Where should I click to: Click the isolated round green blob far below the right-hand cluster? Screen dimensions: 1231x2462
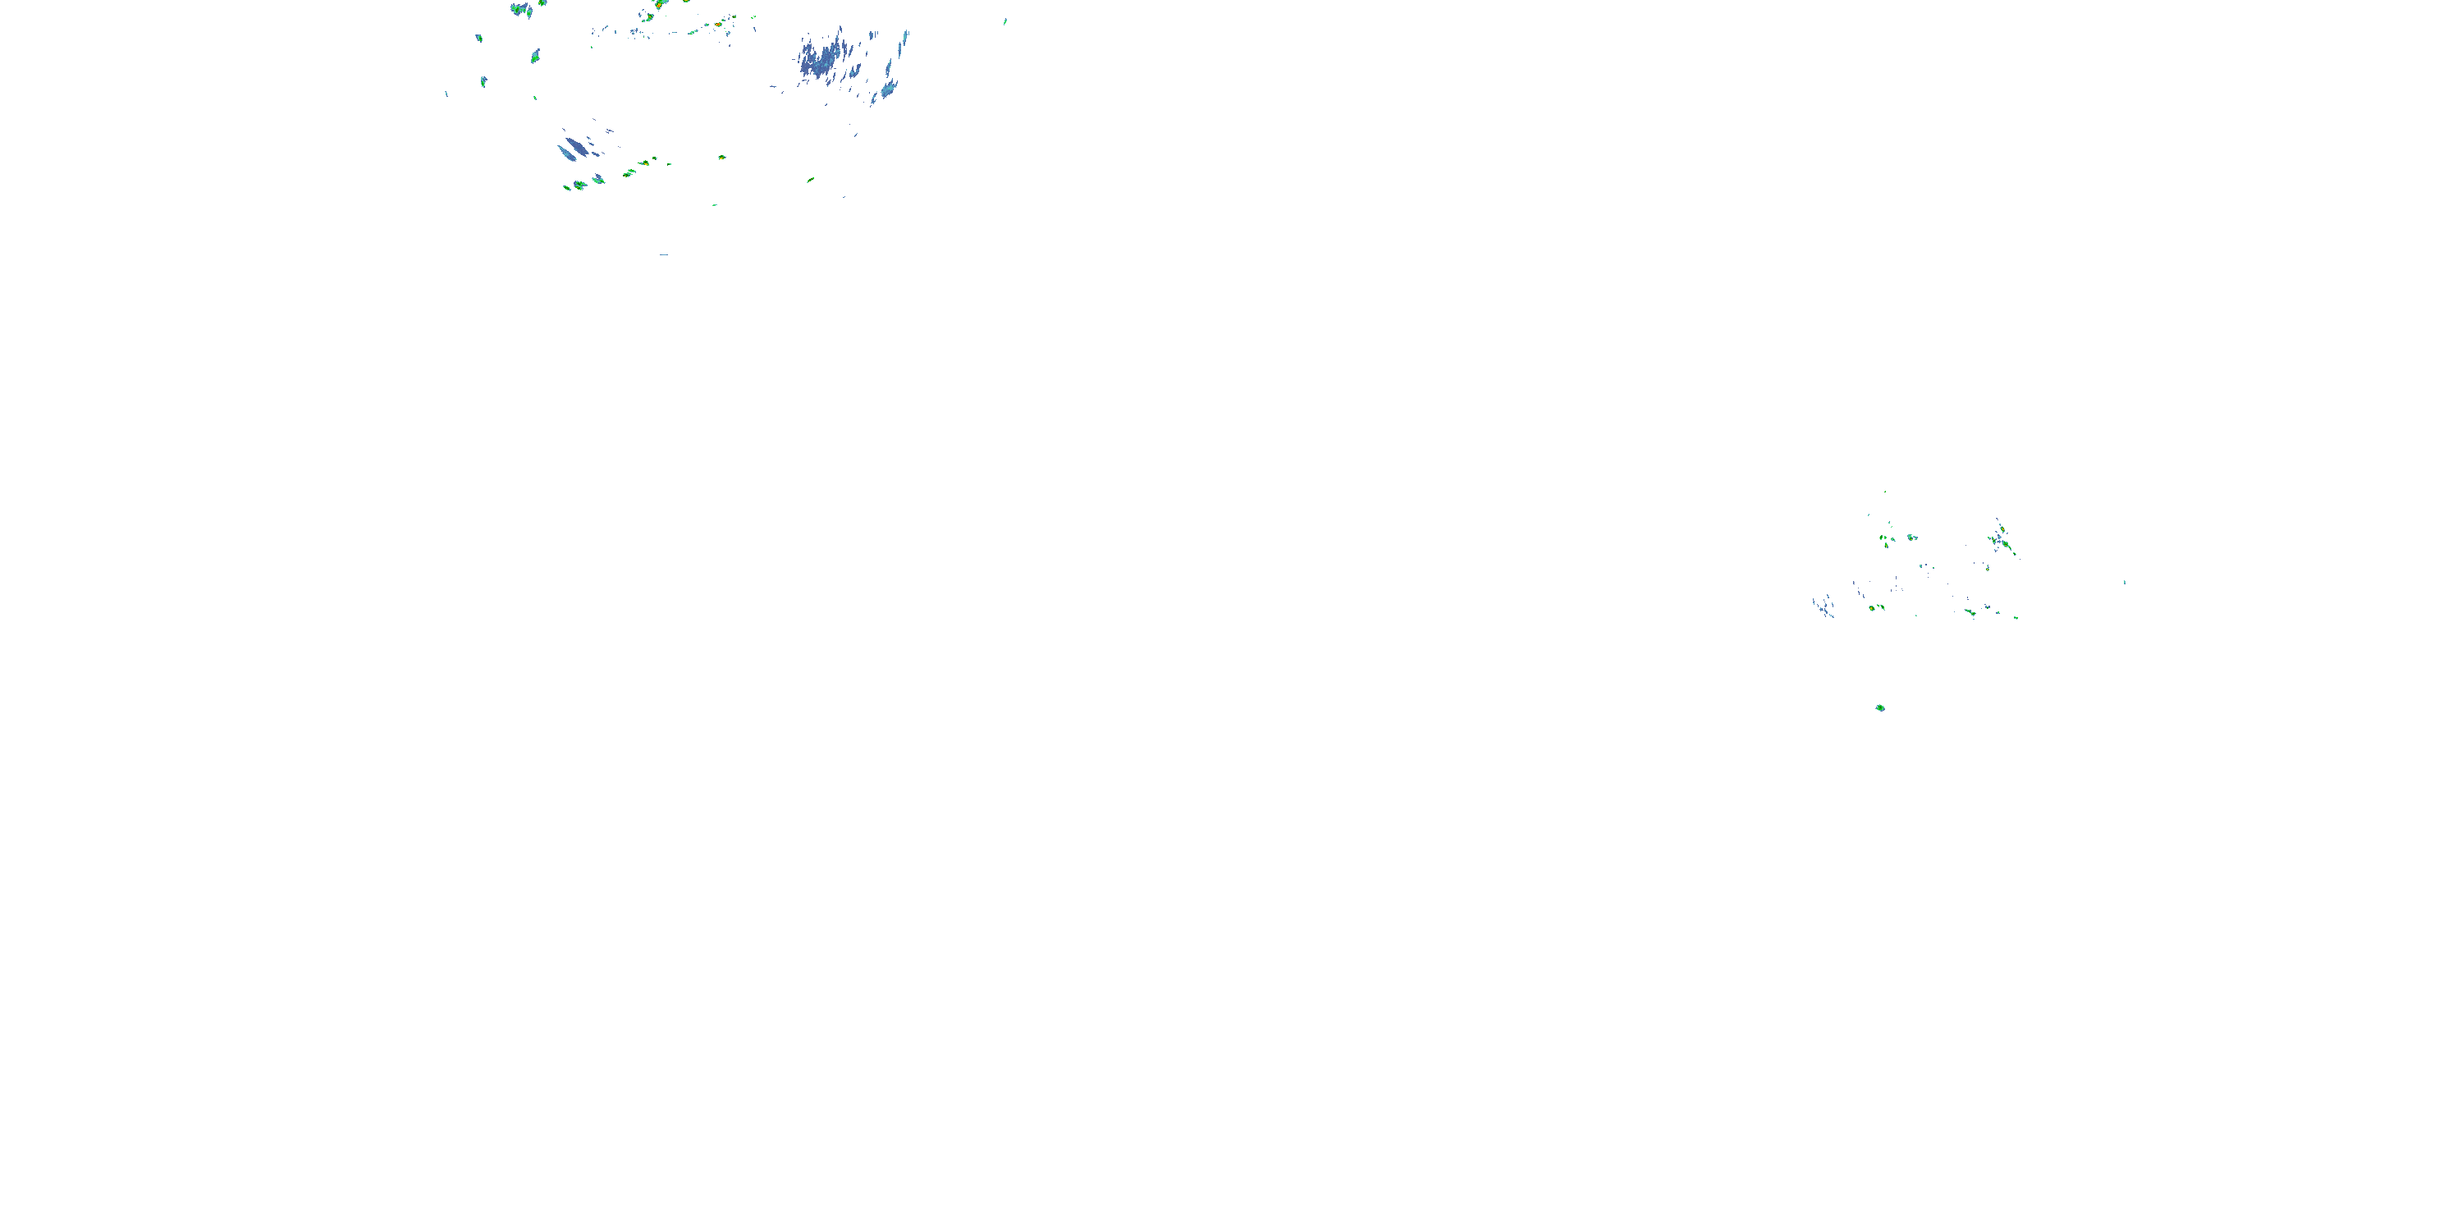pos(1880,707)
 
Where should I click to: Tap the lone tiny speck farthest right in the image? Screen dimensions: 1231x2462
pos(2125,581)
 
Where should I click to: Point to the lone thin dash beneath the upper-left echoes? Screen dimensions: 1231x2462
pos(663,255)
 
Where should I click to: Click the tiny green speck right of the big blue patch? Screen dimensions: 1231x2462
pos(1004,21)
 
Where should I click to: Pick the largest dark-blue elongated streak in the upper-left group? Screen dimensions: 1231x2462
pos(570,150)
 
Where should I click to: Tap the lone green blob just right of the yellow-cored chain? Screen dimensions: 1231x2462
pos(721,157)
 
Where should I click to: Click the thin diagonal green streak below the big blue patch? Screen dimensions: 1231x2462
pos(809,179)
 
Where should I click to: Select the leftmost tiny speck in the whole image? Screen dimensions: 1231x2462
pos(446,94)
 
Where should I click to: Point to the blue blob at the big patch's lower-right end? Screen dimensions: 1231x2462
pos(888,91)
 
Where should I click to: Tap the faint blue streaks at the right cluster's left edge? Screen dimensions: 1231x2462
pos(1824,606)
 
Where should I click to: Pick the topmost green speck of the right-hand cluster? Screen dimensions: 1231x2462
pos(1885,492)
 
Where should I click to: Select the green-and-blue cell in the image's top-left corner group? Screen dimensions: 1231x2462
pos(521,10)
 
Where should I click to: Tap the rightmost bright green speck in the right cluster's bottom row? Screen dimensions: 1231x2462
pos(2016,617)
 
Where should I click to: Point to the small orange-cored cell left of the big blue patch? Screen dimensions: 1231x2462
pos(718,24)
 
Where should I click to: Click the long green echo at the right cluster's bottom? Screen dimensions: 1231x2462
pos(1970,611)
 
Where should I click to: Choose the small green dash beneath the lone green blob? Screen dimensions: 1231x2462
pos(714,204)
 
